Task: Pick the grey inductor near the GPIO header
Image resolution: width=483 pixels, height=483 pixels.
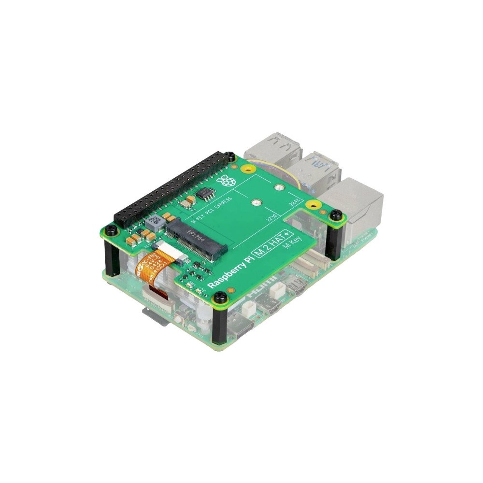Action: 154,222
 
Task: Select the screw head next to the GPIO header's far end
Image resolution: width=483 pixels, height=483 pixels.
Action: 231,156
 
